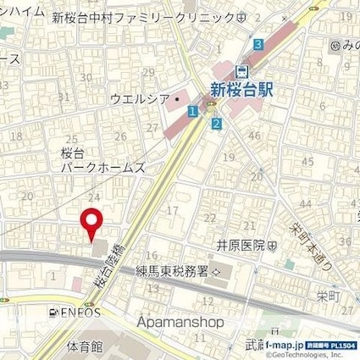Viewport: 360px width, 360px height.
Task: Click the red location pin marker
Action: (x=91, y=223)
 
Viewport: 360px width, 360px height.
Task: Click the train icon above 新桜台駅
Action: (x=241, y=70)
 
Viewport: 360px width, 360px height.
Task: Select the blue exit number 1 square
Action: (x=193, y=111)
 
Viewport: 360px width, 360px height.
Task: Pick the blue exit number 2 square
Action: (x=217, y=125)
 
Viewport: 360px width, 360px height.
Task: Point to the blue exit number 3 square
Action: (x=258, y=44)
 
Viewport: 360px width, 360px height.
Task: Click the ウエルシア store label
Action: (x=140, y=99)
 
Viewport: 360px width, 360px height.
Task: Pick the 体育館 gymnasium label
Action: (x=84, y=346)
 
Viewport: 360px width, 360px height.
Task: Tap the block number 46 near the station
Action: (x=254, y=136)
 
